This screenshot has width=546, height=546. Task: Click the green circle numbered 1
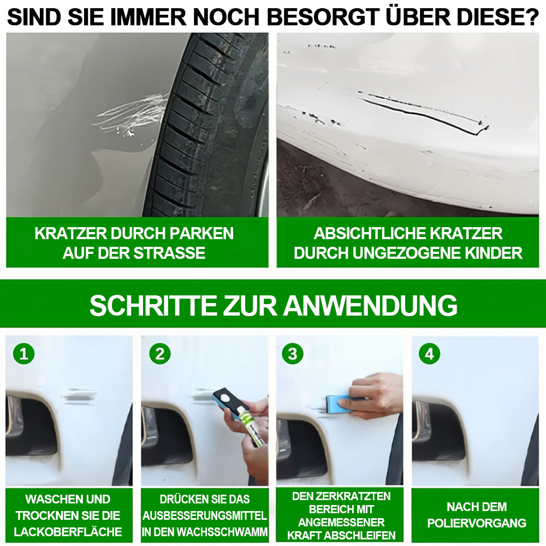[x=23, y=354]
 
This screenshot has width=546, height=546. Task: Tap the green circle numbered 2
[x=160, y=354]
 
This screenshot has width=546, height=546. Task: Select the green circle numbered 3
[x=293, y=354]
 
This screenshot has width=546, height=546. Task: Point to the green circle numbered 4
[x=429, y=354]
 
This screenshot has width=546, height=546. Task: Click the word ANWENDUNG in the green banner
[x=371, y=305]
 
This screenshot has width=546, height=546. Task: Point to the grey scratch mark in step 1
[x=79, y=396]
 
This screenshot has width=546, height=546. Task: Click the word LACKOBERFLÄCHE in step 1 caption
[x=68, y=532]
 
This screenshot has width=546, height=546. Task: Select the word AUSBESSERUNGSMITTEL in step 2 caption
[x=205, y=515]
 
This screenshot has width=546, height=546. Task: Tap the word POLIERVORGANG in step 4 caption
[x=477, y=523]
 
